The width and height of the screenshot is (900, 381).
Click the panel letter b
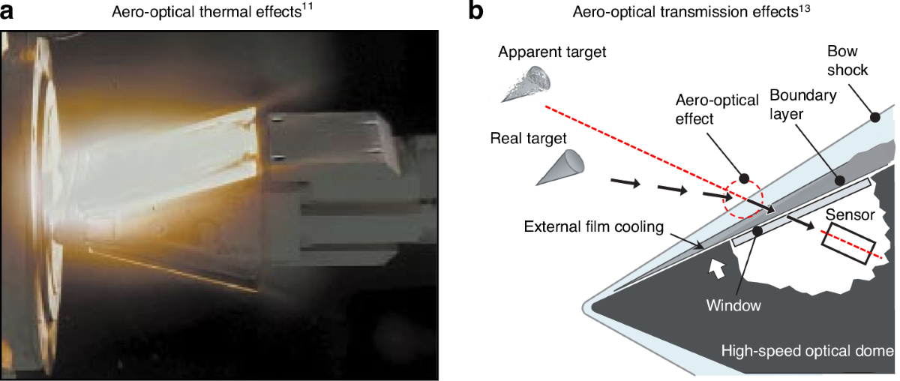[x=478, y=13]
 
